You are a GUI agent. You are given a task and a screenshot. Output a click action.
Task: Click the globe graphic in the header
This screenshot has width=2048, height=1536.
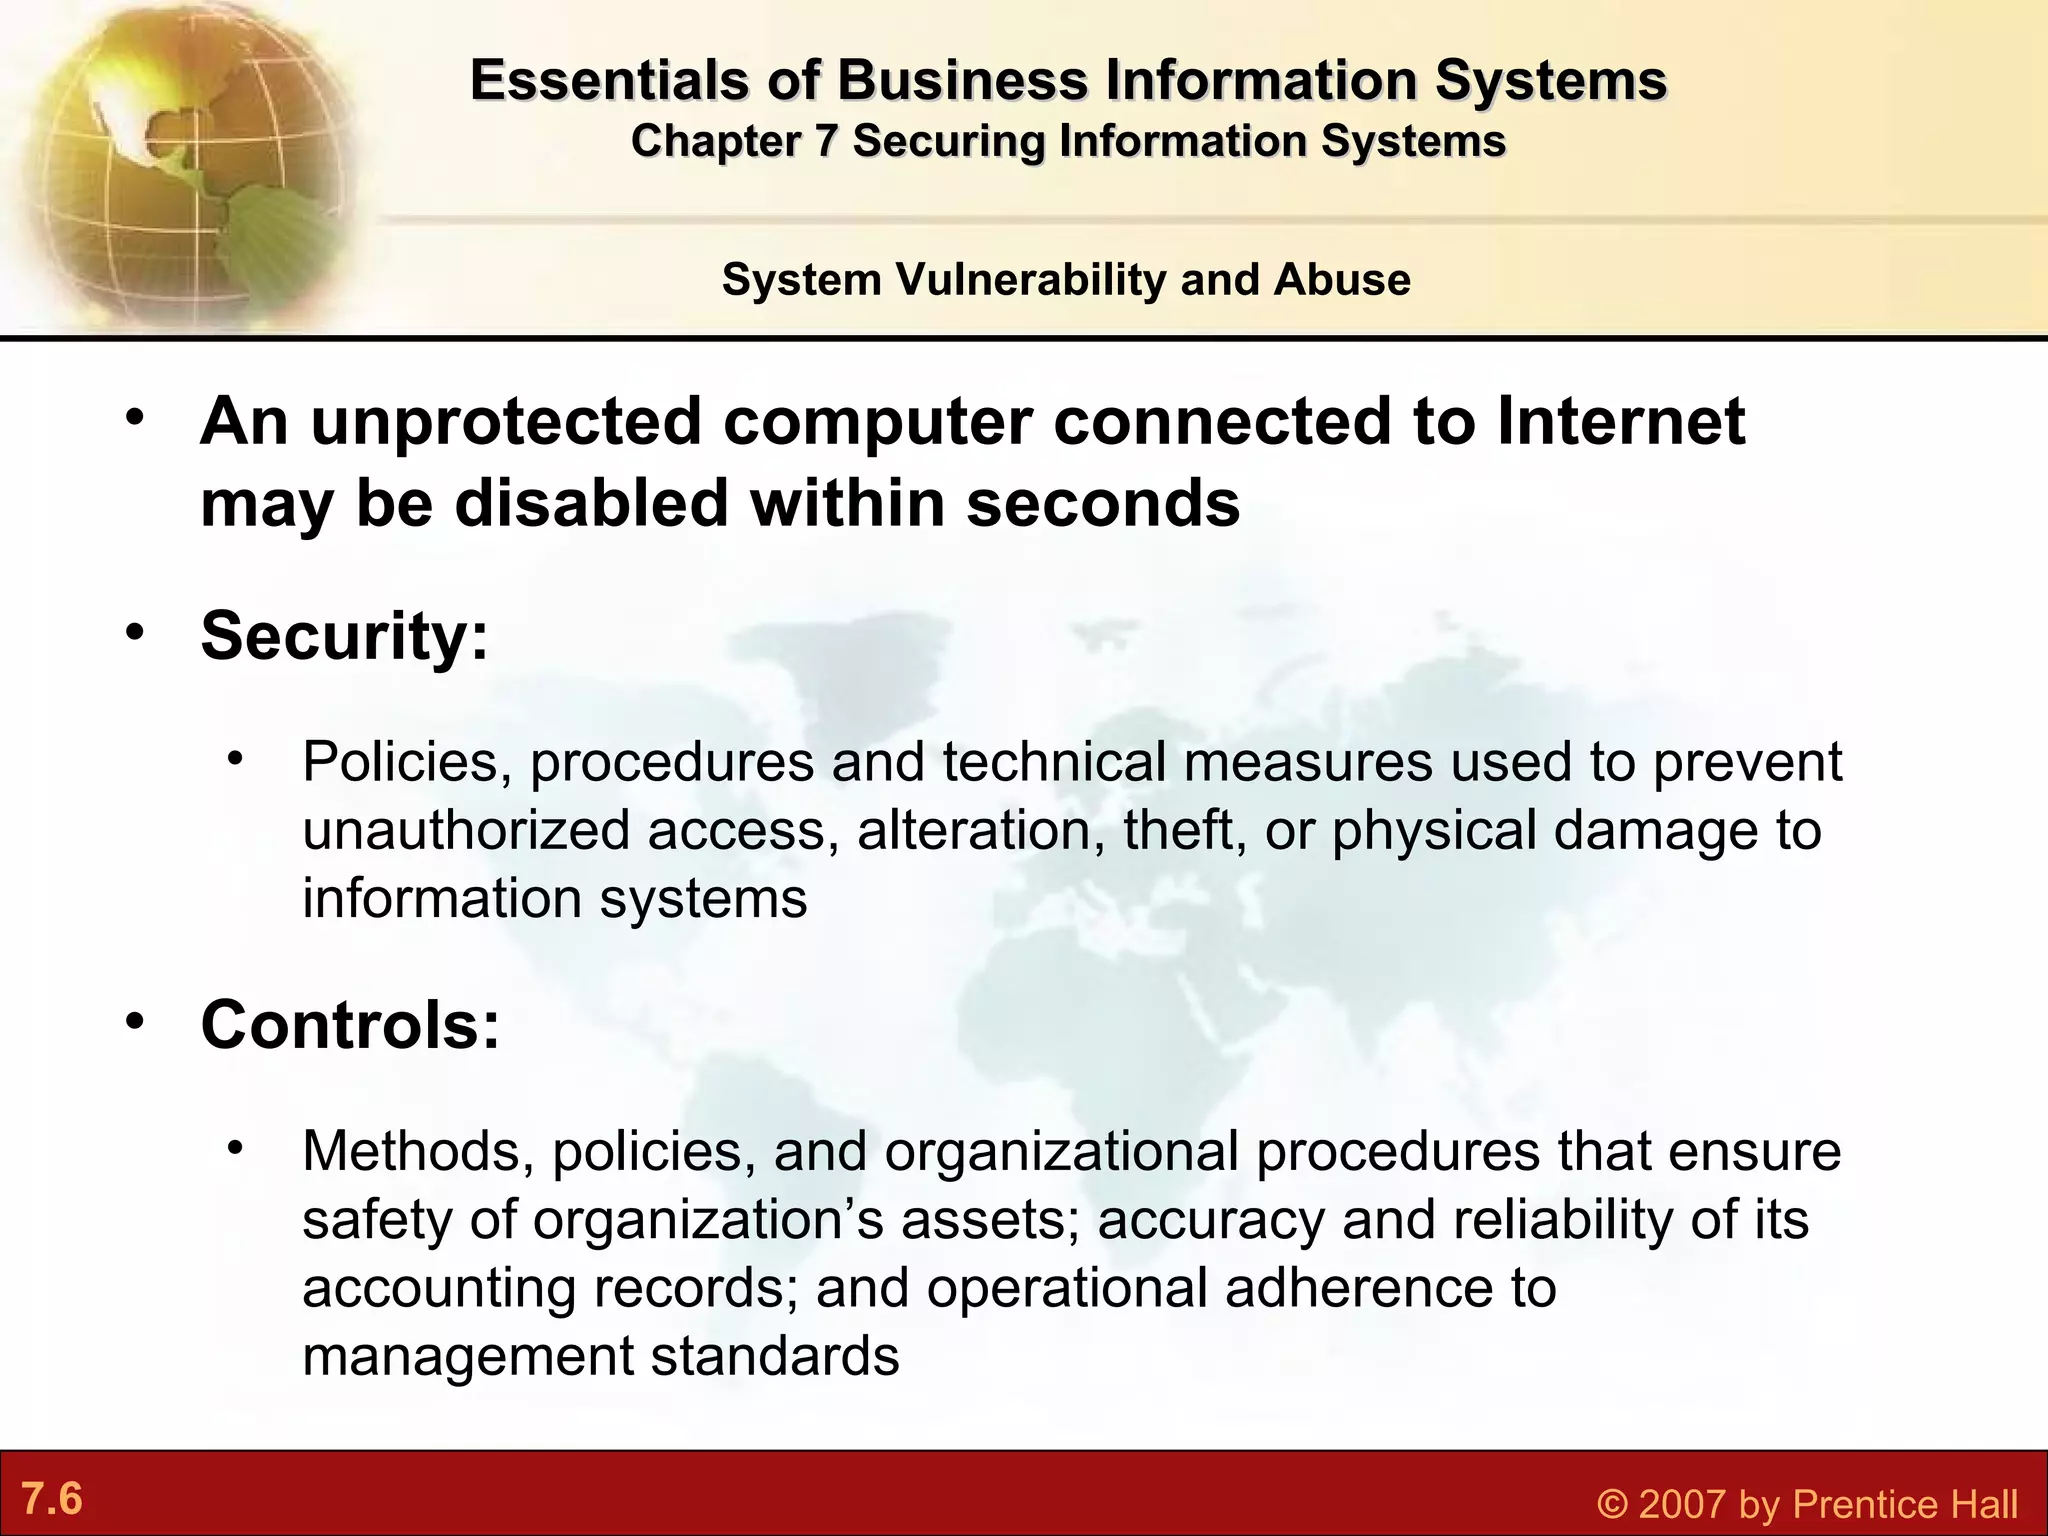[x=180, y=160]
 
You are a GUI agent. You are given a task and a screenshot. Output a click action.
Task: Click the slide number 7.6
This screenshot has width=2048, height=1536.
[x=52, y=1499]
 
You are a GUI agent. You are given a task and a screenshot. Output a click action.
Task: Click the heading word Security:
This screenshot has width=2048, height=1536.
[x=345, y=635]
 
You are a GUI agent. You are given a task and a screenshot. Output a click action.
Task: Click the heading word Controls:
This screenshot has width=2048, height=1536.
[x=350, y=1025]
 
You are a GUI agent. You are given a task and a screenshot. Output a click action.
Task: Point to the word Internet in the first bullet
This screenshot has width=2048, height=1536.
[x=1620, y=420]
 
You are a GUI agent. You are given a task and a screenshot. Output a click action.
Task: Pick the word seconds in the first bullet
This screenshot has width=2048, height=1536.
[x=1102, y=502]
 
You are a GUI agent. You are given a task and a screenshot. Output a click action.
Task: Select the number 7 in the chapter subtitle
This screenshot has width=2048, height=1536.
[x=825, y=141]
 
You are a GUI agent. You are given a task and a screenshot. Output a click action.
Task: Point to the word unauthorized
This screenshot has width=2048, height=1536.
[x=466, y=830]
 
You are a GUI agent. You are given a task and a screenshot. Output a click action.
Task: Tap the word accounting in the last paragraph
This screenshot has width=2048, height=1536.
[x=439, y=1288]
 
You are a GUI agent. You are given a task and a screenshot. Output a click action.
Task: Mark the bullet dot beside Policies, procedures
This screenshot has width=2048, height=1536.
[x=236, y=758]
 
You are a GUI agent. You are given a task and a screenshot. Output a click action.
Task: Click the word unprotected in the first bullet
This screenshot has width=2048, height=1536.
[x=506, y=420]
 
